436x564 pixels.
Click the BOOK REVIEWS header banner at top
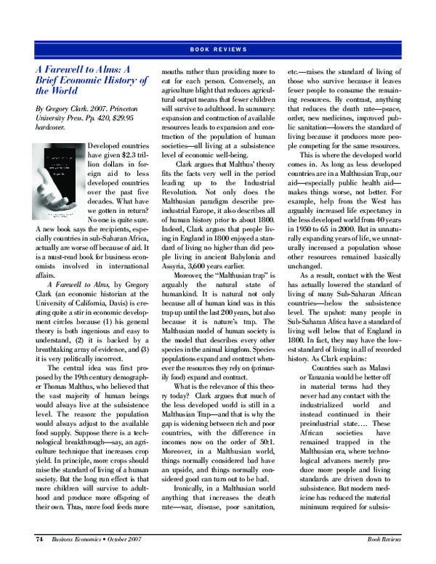pos(218,49)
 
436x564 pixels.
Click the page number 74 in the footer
pos(41,540)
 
